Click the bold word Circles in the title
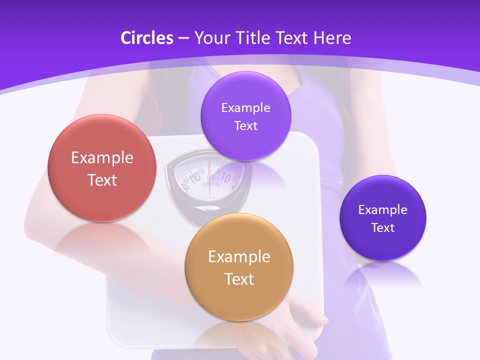pos(146,38)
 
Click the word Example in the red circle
pos(102,158)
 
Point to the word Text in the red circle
pos(102,180)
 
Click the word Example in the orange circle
pos(239,257)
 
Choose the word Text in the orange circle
pos(239,279)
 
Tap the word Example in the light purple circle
pos(246,108)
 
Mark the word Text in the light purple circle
pos(246,126)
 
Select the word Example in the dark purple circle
pos(383,210)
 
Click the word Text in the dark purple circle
pos(383,228)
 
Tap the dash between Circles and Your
pos(183,38)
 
